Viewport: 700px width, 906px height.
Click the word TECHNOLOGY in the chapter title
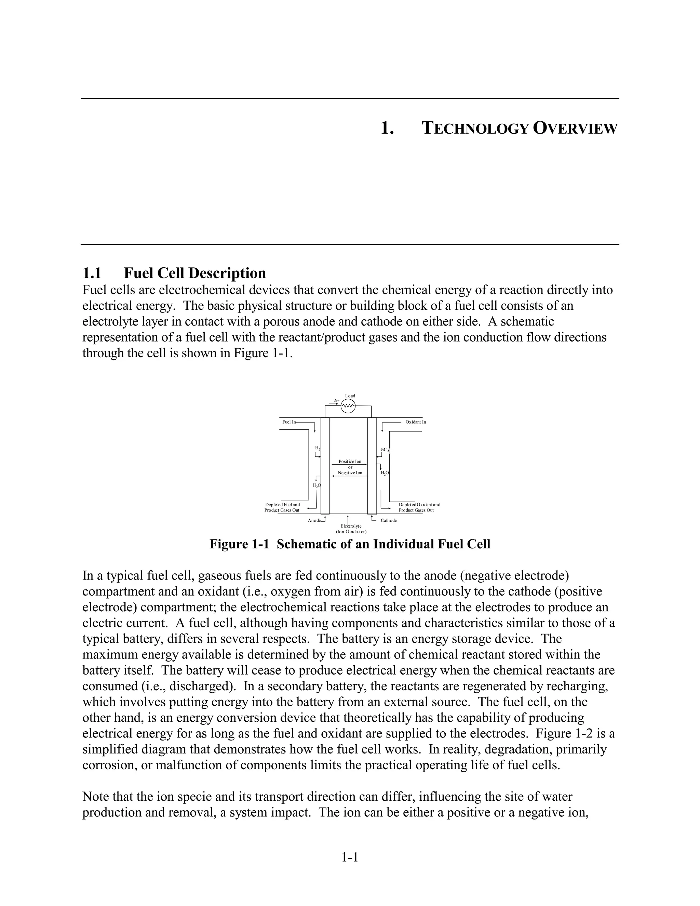(x=475, y=129)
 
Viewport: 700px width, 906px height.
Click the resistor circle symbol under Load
(x=348, y=407)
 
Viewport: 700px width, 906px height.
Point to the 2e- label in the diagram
(x=336, y=401)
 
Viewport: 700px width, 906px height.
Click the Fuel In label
(x=289, y=422)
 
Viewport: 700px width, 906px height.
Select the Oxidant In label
(x=416, y=422)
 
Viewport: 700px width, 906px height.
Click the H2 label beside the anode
(x=318, y=448)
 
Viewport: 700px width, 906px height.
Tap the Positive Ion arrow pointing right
(x=350, y=465)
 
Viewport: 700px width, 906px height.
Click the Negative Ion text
(x=350, y=472)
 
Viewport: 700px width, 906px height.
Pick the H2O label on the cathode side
(x=385, y=473)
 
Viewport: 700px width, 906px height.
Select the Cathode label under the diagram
(x=389, y=520)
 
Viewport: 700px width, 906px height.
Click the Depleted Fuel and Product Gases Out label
(x=282, y=507)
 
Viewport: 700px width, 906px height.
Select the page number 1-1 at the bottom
(x=350, y=857)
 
